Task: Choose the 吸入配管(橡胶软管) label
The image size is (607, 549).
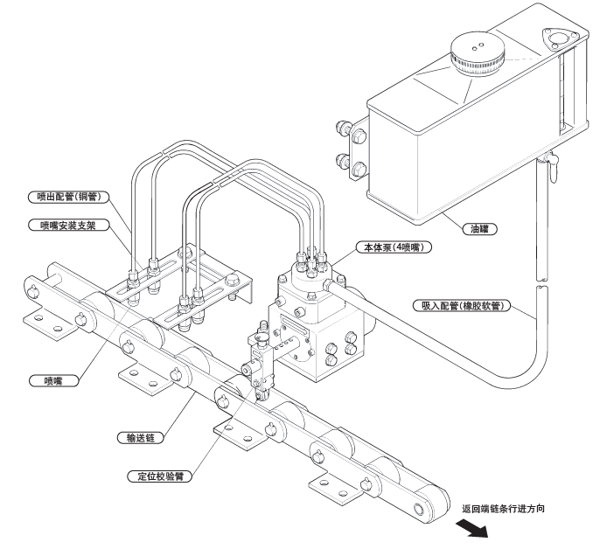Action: point(463,307)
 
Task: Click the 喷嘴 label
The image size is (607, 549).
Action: point(52,381)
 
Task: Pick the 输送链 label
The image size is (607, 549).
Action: point(141,434)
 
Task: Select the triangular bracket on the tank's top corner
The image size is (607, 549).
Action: point(556,38)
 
